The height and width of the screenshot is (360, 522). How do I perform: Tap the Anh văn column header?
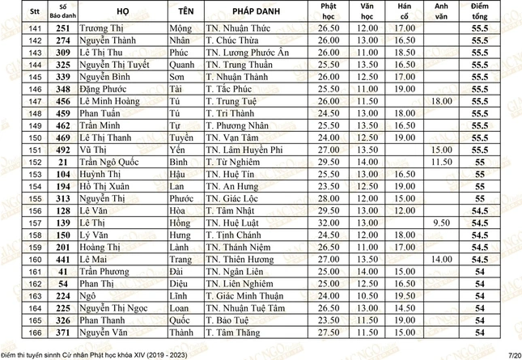point(441,13)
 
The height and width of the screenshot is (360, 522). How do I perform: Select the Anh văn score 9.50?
point(441,223)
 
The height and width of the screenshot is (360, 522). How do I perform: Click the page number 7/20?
point(513,354)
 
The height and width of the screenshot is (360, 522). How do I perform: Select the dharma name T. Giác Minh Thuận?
point(245,296)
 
